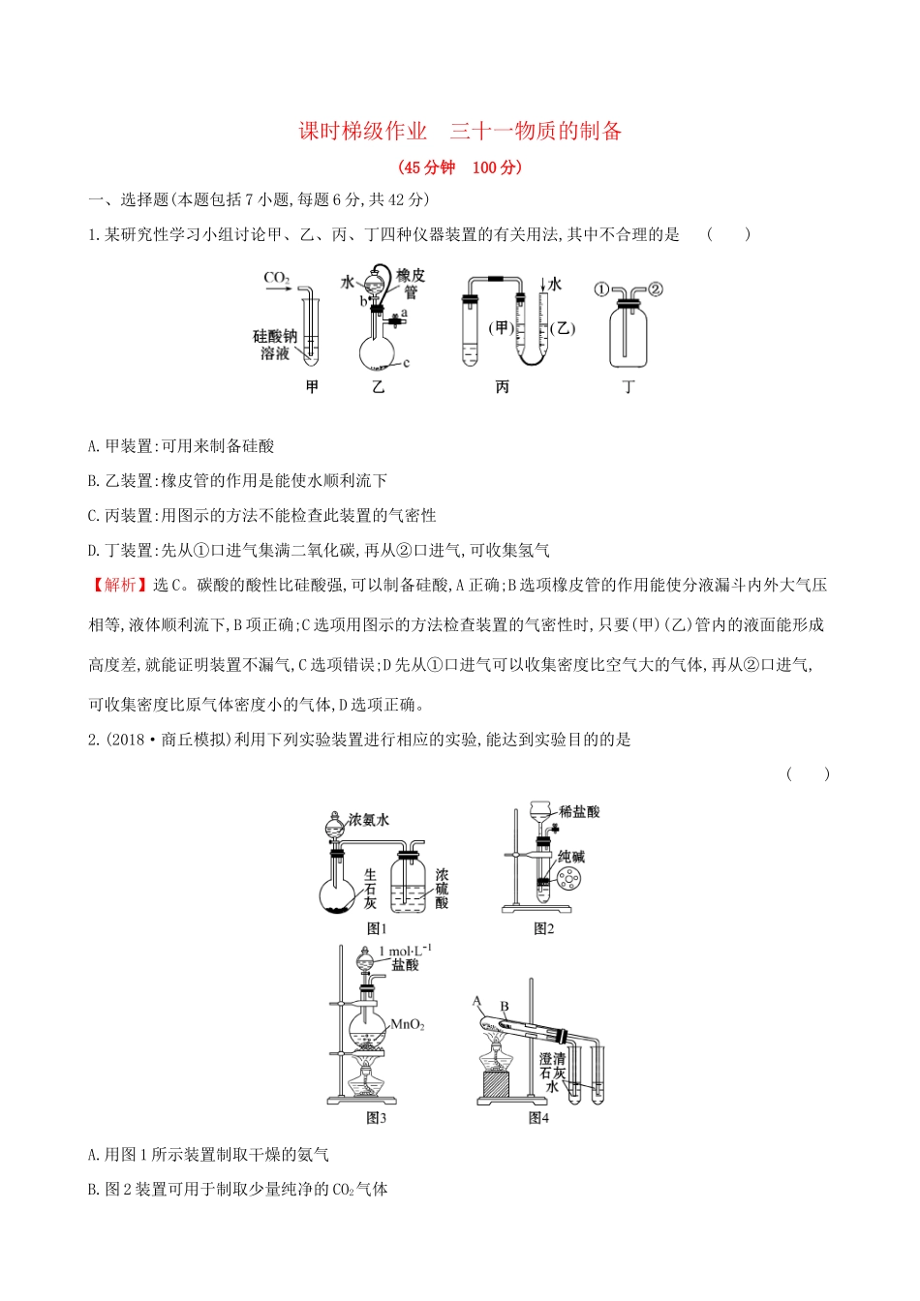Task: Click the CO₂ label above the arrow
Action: click(x=277, y=279)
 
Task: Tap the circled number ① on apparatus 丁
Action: click(x=601, y=289)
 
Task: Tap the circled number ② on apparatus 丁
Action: click(x=656, y=289)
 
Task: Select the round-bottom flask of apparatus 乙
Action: click(x=378, y=351)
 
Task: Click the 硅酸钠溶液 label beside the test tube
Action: click(x=275, y=345)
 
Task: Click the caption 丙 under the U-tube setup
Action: click(x=502, y=387)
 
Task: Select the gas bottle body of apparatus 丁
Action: click(x=629, y=338)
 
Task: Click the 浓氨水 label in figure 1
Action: click(x=368, y=820)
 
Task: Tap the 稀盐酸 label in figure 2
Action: click(x=579, y=811)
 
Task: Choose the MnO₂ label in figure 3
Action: click(x=407, y=1024)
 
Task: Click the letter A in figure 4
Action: click(x=476, y=1001)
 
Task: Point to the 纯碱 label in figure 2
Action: click(x=571, y=857)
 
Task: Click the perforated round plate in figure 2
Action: click(x=568, y=879)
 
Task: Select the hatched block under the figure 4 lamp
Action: click(x=496, y=1083)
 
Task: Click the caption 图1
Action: click(x=377, y=928)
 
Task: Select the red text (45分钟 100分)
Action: click(x=460, y=167)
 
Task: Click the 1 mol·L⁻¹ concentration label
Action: click(x=405, y=952)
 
